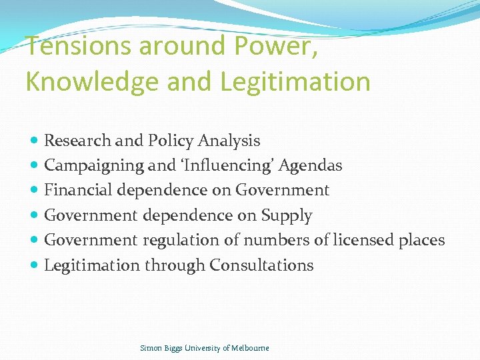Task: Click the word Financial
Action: (x=78, y=190)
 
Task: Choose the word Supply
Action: (x=287, y=215)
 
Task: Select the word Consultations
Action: (x=261, y=265)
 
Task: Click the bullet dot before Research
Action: (x=34, y=141)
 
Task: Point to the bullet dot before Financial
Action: (x=34, y=191)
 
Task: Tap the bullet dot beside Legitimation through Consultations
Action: (x=34, y=265)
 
